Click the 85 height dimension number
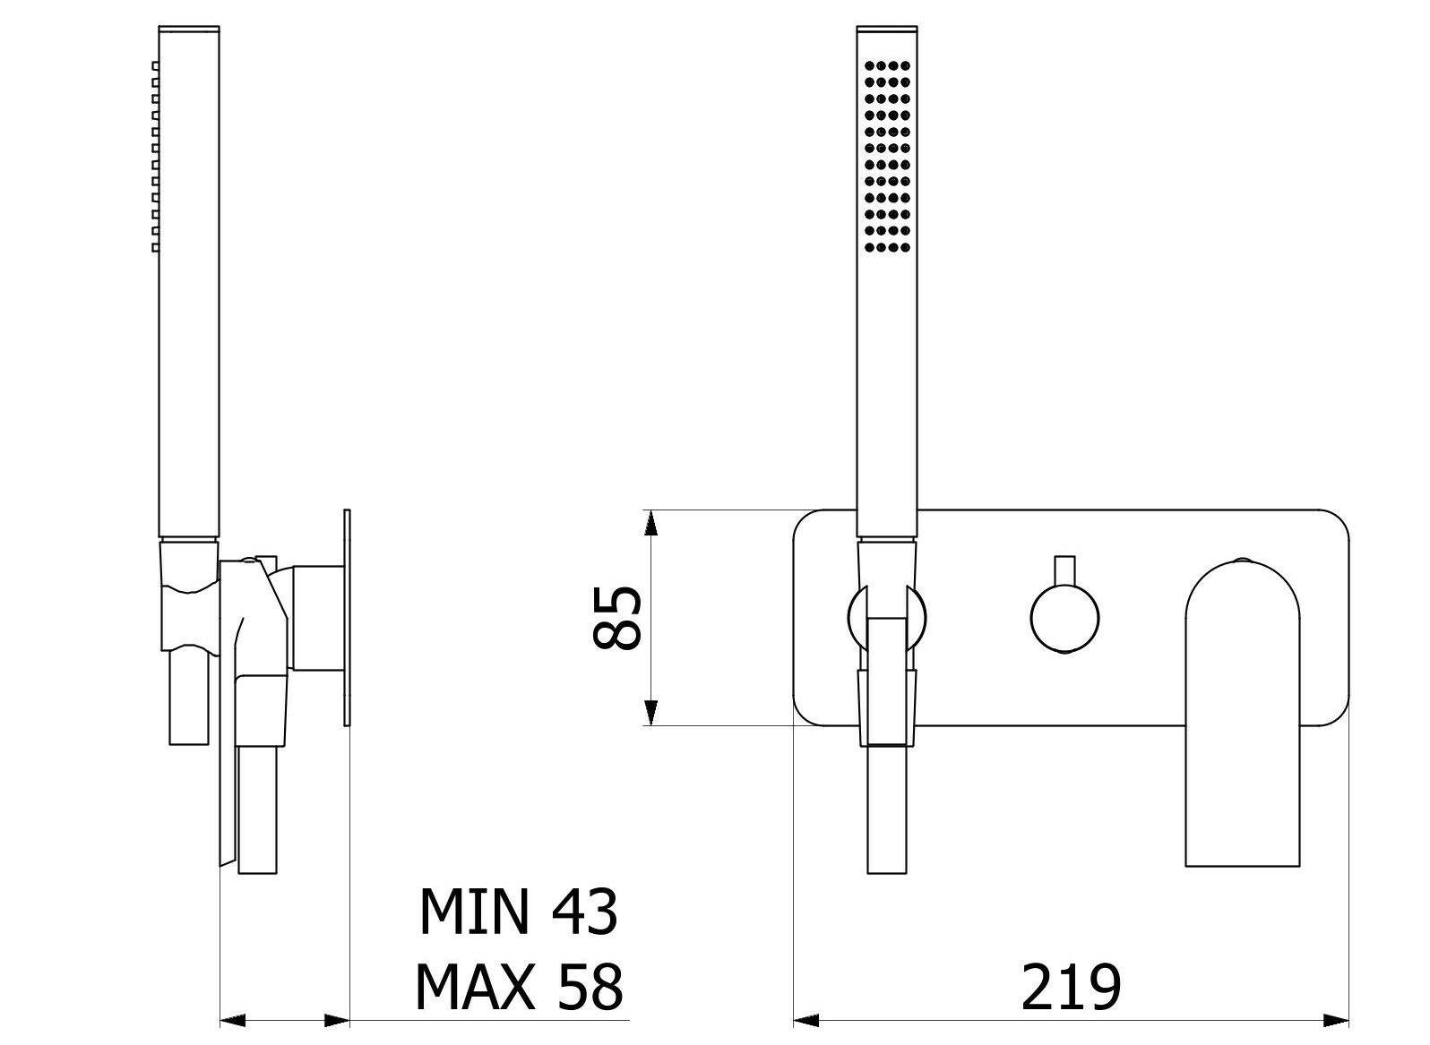(x=618, y=618)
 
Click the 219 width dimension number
(x=1071, y=988)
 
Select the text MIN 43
(x=518, y=912)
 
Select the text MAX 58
(x=518, y=988)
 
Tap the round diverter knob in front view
(x=1064, y=618)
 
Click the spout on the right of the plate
(x=1242, y=716)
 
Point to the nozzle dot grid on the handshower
(x=887, y=156)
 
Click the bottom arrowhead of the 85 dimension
(x=653, y=713)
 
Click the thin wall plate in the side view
(x=347, y=618)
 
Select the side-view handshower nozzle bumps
(x=155, y=156)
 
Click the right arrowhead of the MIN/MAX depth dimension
(x=337, y=1020)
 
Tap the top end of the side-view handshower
(x=188, y=30)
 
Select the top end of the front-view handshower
(x=887, y=30)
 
